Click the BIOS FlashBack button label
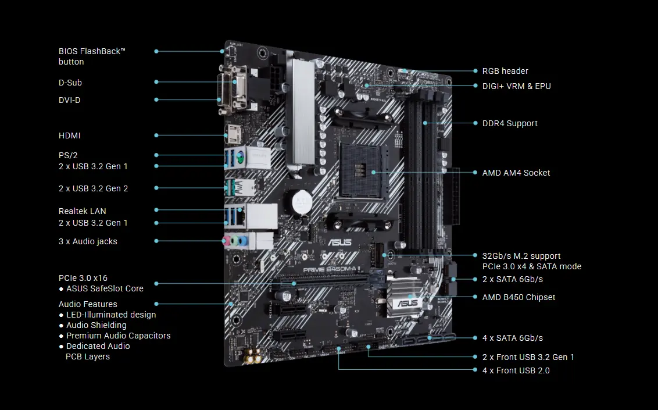point(92,56)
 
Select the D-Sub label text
point(70,83)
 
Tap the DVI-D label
point(69,100)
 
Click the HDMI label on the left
point(69,136)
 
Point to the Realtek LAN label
point(82,211)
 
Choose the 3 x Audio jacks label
point(88,241)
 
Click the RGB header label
point(505,71)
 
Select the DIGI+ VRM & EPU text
point(516,86)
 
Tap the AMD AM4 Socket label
point(516,173)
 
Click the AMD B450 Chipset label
point(518,297)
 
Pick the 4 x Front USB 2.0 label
point(516,370)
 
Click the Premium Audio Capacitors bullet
point(118,336)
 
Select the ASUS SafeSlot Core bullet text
point(105,288)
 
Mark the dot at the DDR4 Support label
point(475,123)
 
